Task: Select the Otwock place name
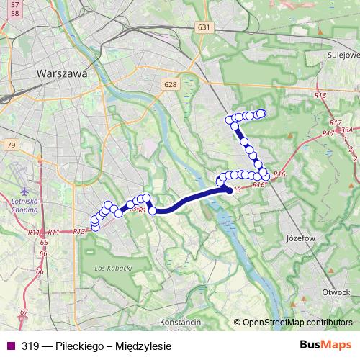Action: [x=336, y=292]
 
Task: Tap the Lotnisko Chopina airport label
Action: [x=27, y=204]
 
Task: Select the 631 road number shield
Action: [x=205, y=27]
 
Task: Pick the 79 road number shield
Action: [x=10, y=145]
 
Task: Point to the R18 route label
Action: [x=320, y=96]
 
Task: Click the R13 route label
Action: [x=79, y=231]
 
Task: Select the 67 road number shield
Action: [x=24, y=312]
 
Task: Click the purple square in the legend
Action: [x=9, y=346]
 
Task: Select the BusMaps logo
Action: [x=325, y=345]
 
